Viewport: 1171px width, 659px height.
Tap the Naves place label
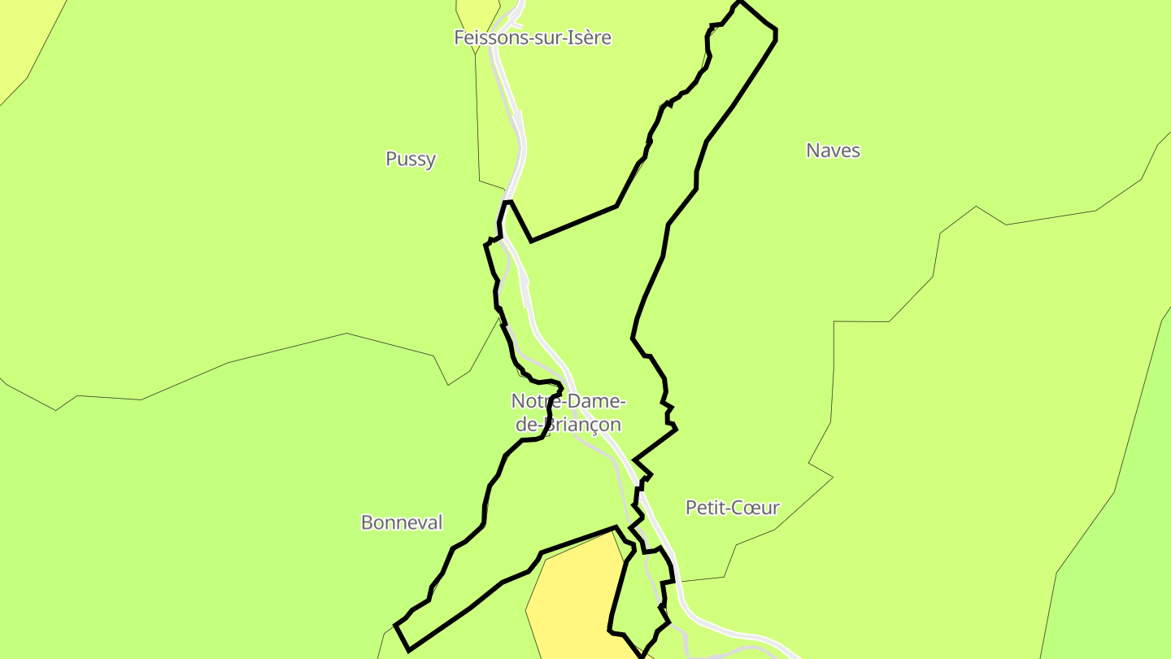click(833, 151)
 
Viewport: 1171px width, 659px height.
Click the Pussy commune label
click(411, 159)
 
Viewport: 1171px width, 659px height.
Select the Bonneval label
click(402, 522)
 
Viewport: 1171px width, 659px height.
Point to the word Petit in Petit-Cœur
click(704, 508)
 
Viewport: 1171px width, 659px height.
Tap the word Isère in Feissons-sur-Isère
click(591, 37)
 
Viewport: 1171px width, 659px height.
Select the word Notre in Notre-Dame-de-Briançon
click(533, 401)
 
